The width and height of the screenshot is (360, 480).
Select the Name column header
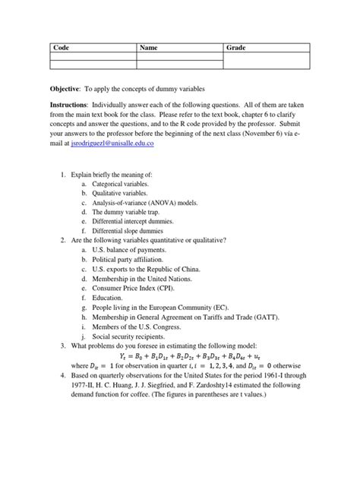(148, 48)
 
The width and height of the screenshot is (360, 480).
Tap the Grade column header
(237, 48)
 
